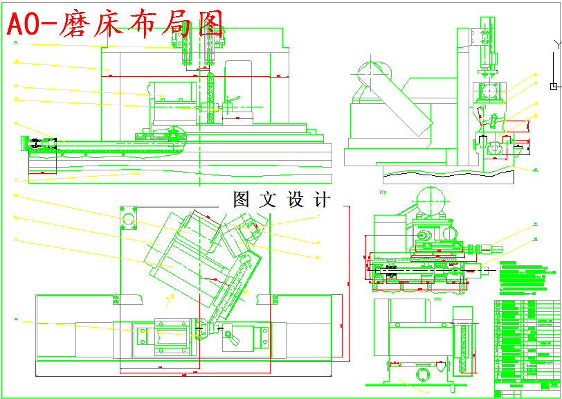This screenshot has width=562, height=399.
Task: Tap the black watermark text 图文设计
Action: click(282, 200)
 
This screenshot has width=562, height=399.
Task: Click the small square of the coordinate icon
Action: click(552, 86)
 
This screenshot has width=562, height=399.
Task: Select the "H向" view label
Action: click(437, 299)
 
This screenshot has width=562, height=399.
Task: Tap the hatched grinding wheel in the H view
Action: click(462, 346)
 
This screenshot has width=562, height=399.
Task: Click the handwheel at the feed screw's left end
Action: click(33, 143)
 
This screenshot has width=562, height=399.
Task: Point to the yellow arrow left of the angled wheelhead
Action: click(168, 298)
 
